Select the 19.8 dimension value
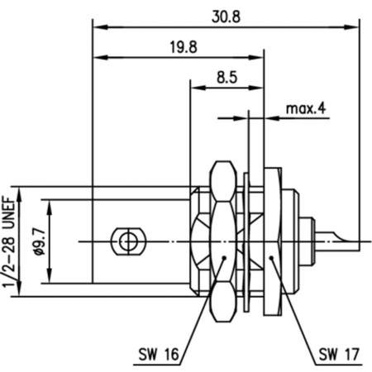pyautogui.click(x=186, y=47)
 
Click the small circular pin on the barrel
pyautogui.click(x=126, y=241)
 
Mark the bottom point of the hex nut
pyautogui.click(x=222, y=323)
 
